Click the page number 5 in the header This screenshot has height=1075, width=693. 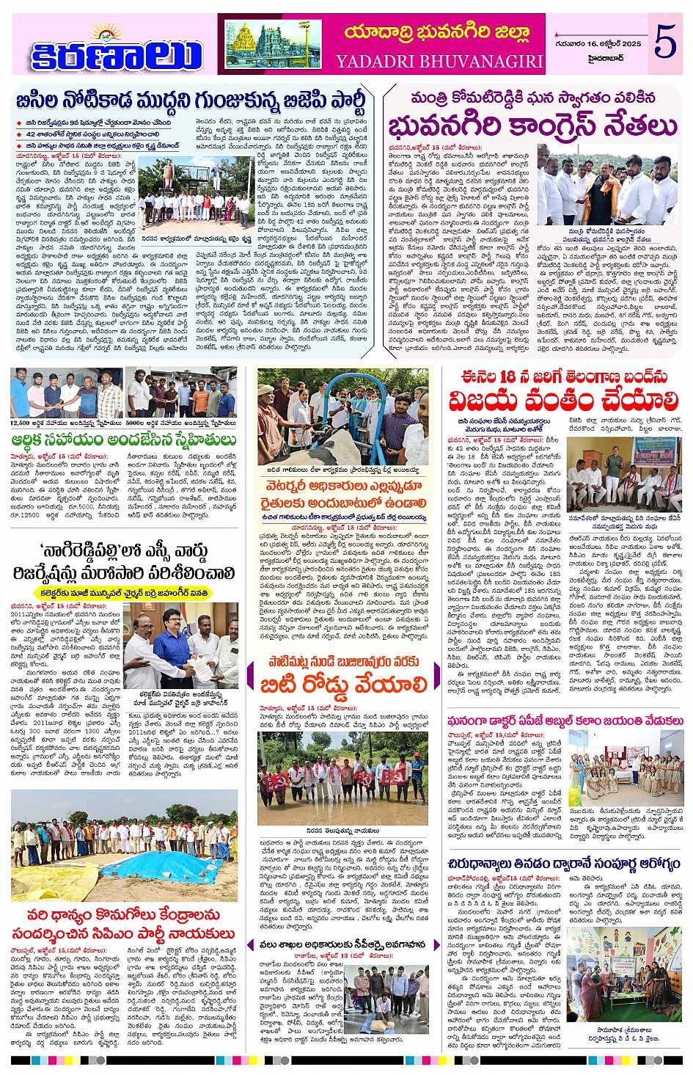664,43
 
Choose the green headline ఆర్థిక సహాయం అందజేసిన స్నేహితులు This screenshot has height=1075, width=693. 123,440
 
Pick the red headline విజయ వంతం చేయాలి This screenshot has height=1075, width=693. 565,401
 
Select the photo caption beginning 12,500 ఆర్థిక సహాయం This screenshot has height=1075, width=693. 65,423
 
